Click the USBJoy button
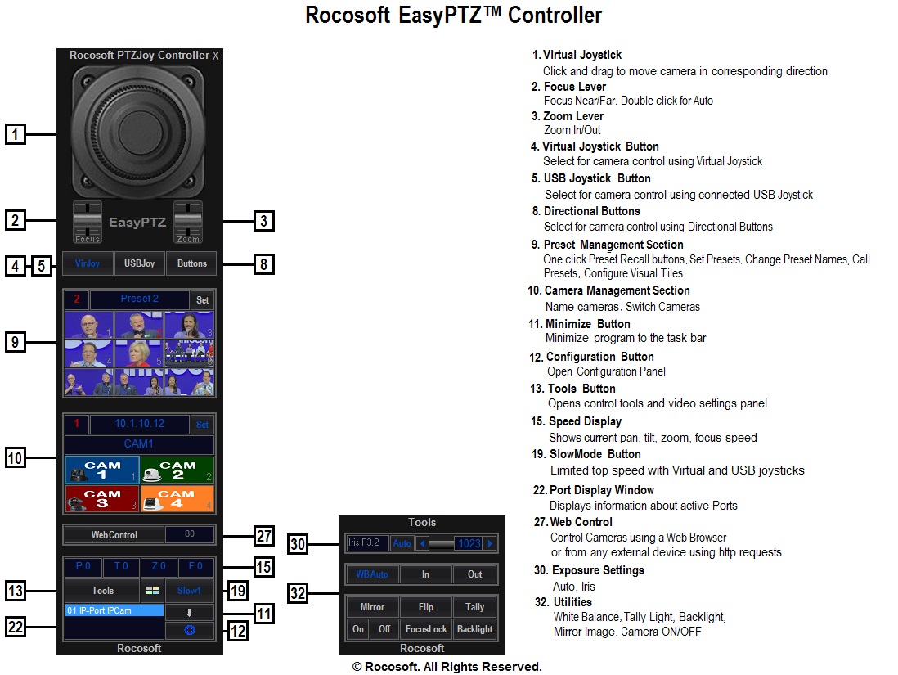tap(139, 263)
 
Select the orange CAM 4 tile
tap(177, 498)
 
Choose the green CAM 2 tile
tap(177, 470)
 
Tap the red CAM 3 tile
tap(101, 498)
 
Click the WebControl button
tap(114, 535)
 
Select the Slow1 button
tap(189, 590)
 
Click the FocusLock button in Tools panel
tap(426, 629)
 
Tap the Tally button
tap(475, 607)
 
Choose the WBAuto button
tap(372, 574)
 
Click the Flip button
tap(426, 607)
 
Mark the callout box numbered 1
tap(16, 134)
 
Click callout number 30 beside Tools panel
tap(299, 543)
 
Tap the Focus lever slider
tap(88, 221)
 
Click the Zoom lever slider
tap(188, 221)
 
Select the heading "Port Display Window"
tap(602, 490)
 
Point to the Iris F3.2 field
tap(367, 542)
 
